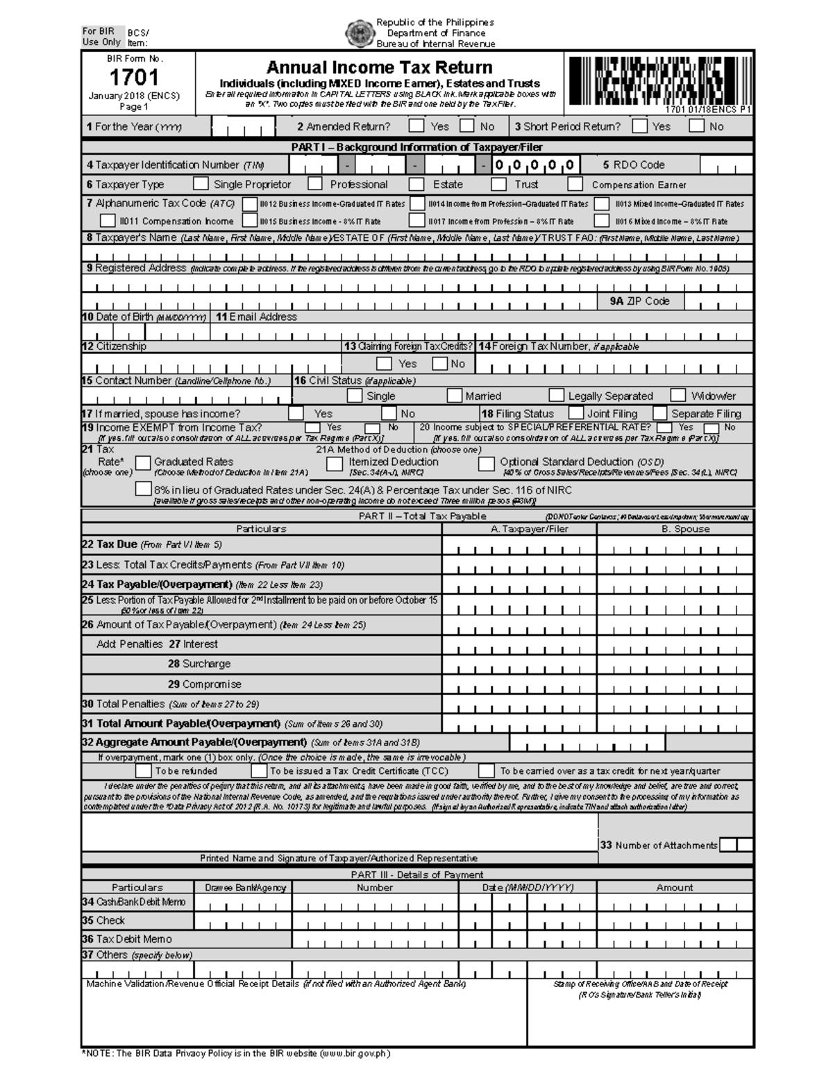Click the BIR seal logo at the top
point(360,33)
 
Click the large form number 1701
point(133,77)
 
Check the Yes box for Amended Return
point(416,126)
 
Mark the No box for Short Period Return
point(696,126)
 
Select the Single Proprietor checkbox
point(201,184)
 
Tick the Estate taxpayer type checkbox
point(416,184)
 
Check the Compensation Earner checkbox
point(575,184)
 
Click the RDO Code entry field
point(726,165)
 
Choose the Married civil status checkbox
point(455,396)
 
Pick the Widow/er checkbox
point(678,396)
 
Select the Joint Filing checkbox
point(575,413)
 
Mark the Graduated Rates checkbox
point(143,462)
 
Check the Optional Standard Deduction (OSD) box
point(487,463)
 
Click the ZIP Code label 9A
point(639,301)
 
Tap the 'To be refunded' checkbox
point(143,770)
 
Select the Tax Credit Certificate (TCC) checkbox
point(259,770)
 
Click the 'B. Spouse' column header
point(685,529)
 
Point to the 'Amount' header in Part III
point(674,887)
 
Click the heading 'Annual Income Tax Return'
point(379,67)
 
